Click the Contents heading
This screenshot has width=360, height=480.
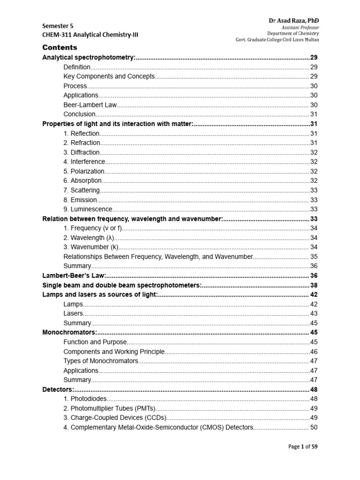(x=60, y=47)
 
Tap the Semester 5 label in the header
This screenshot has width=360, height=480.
(x=58, y=26)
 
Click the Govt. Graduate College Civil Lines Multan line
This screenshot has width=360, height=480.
(x=277, y=40)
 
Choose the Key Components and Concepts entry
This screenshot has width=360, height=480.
(x=108, y=76)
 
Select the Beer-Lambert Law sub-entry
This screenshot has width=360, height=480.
(x=90, y=105)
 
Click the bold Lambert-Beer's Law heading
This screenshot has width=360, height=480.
(x=75, y=276)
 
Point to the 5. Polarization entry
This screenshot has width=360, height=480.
(x=84, y=171)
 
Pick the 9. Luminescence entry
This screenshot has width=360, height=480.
(x=88, y=209)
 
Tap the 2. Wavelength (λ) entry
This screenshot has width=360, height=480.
(x=89, y=238)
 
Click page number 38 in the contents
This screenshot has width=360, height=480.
(x=314, y=285)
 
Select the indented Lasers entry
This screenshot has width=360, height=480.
(x=73, y=314)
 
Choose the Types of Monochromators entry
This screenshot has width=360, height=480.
(x=101, y=361)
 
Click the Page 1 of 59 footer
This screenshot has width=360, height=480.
(x=303, y=447)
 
